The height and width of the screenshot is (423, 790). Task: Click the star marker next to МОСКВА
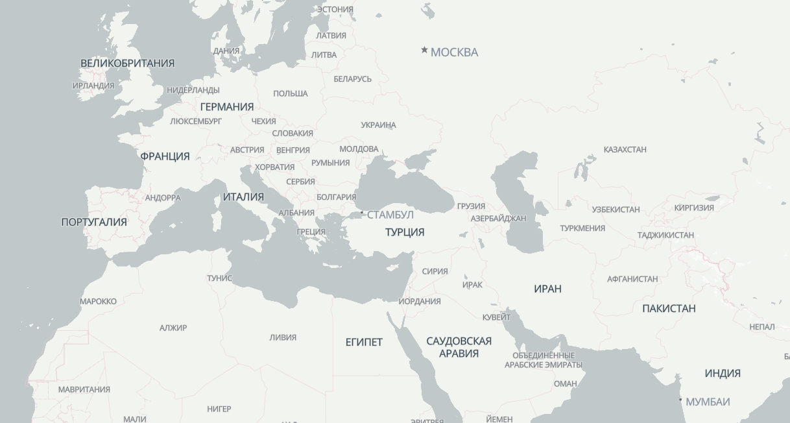click(424, 50)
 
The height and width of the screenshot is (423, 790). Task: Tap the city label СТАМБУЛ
click(390, 215)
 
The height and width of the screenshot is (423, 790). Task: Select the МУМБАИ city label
click(708, 402)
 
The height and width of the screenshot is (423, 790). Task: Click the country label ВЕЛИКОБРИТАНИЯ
click(127, 63)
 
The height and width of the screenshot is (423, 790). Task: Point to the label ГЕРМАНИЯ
click(226, 106)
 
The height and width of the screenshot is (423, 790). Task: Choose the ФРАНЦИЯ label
click(165, 156)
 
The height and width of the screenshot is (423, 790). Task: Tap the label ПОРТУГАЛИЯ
click(94, 222)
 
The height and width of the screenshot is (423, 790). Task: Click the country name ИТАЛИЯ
click(243, 197)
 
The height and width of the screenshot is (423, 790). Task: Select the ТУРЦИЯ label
click(405, 232)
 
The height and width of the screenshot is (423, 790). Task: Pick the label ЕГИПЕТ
click(364, 342)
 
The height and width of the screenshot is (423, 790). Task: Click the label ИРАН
click(547, 289)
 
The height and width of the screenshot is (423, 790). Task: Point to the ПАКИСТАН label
click(669, 308)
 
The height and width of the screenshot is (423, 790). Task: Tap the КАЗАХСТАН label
click(625, 150)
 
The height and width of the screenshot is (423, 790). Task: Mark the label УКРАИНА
click(378, 125)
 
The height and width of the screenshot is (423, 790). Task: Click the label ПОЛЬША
click(290, 93)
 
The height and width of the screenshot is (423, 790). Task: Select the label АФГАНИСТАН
click(632, 279)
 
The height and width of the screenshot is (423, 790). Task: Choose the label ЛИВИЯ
click(283, 337)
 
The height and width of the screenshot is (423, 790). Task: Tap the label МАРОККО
click(98, 301)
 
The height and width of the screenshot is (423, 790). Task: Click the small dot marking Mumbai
click(680, 400)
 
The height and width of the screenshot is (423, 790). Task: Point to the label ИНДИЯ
click(723, 373)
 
